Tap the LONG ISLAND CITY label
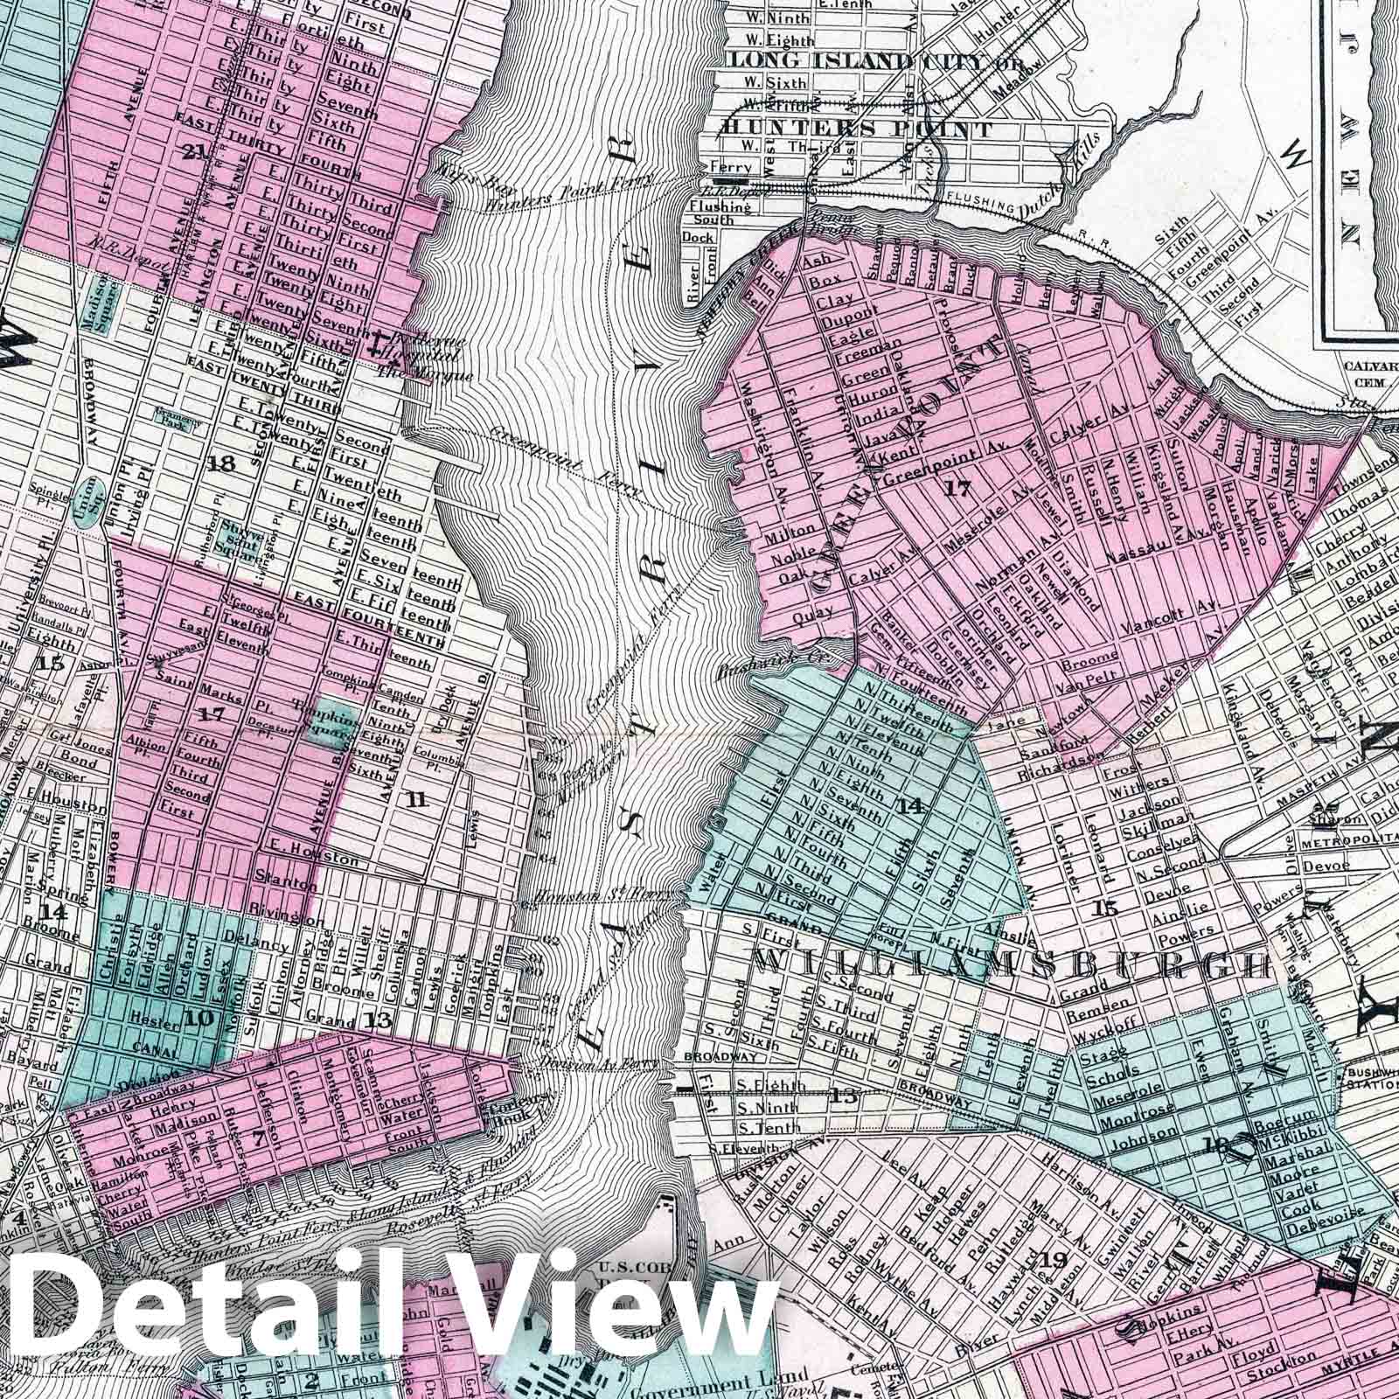pyautogui.click(x=831, y=61)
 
